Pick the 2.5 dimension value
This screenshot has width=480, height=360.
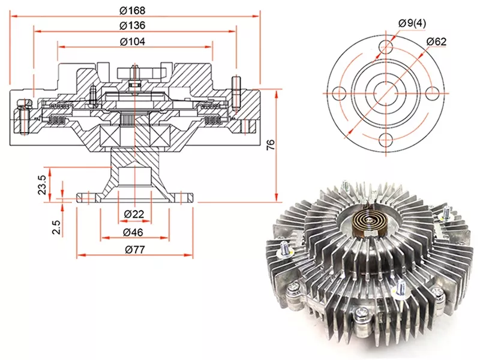click(x=56, y=227)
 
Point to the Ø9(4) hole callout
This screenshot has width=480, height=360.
click(x=412, y=23)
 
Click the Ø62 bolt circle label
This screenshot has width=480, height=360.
click(x=436, y=41)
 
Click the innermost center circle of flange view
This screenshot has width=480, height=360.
click(x=388, y=94)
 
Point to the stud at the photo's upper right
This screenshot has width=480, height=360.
click(x=446, y=211)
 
